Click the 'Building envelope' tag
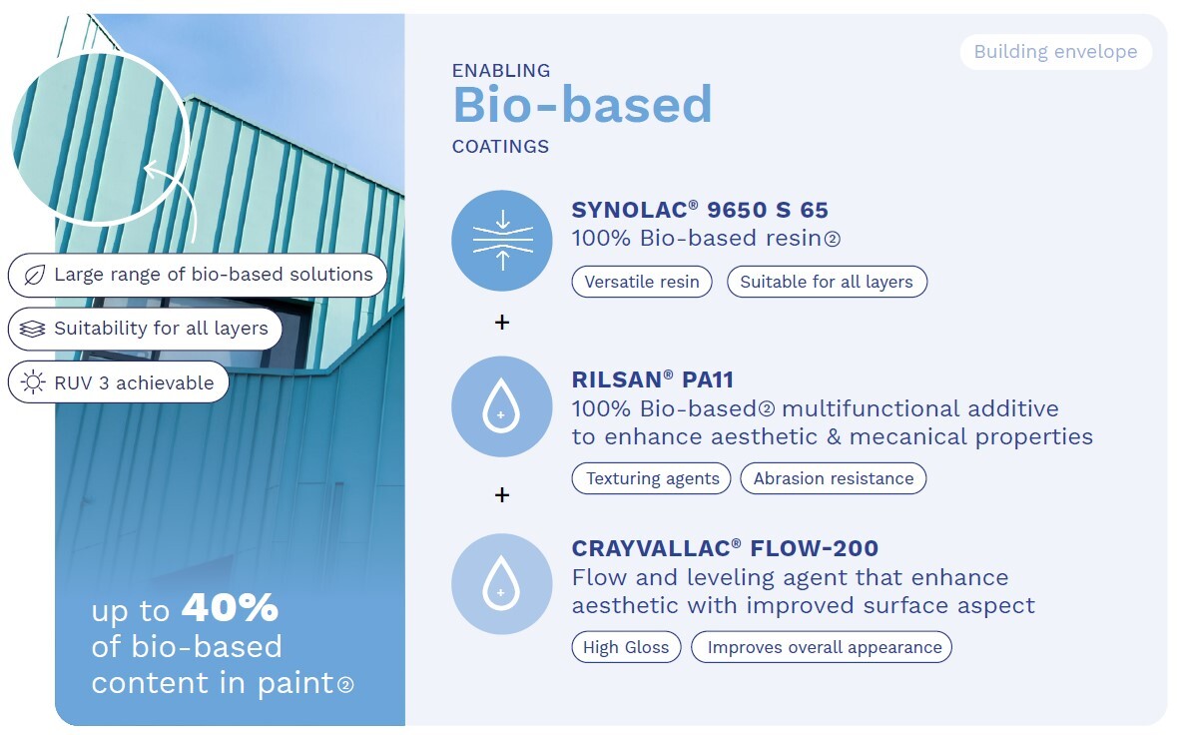(1055, 52)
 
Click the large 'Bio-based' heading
(582, 104)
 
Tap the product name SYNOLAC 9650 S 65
(700, 210)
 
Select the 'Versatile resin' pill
(642, 282)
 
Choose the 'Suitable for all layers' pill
(827, 282)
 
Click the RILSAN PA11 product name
(652, 379)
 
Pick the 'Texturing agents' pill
(652, 478)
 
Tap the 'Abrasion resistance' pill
(834, 478)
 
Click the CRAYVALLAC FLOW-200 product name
(725, 548)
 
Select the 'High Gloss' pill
(626, 647)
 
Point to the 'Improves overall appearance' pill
(822, 647)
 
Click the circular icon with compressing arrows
(502, 241)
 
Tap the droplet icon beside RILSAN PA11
(502, 406)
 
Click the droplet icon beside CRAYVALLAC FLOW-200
(502, 584)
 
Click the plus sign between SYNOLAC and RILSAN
(502, 323)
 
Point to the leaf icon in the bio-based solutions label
(34, 275)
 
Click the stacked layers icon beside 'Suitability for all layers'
(32, 329)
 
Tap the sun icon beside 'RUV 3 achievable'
(32, 382)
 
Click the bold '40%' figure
(230, 607)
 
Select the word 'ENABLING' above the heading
(501, 71)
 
